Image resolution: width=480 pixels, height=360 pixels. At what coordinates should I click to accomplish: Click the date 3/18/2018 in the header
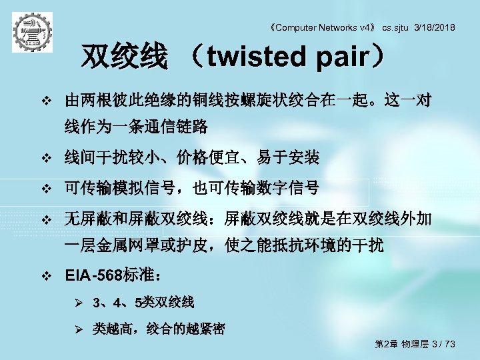click(x=435, y=27)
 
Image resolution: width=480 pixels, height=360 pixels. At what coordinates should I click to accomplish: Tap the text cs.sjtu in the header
click(x=395, y=27)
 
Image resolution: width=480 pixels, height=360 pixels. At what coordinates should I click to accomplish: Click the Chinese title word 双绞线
click(x=123, y=58)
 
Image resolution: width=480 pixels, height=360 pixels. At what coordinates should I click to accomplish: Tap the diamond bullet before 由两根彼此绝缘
click(x=46, y=103)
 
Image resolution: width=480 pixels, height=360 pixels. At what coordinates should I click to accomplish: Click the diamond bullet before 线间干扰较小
click(x=46, y=159)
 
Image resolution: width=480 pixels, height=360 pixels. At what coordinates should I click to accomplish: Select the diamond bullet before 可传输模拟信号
click(x=46, y=189)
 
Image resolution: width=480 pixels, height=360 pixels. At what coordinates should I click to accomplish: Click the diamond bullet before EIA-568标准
click(x=46, y=275)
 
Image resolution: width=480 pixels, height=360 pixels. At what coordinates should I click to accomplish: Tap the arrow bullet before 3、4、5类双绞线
click(x=78, y=303)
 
